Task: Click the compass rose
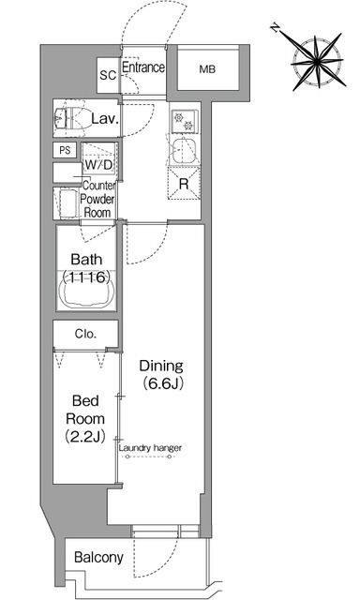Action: pyautogui.click(x=318, y=61)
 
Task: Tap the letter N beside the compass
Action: pyautogui.click(x=275, y=28)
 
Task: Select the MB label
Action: pyautogui.click(x=207, y=69)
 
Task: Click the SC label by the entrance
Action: pyautogui.click(x=108, y=75)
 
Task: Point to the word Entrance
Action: pyautogui.click(x=143, y=67)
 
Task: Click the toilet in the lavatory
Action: pyautogui.click(x=70, y=118)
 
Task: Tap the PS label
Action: pyautogui.click(x=65, y=150)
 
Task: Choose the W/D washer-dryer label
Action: pyautogui.click(x=98, y=165)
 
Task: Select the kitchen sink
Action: pyautogui.click(x=185, y=150)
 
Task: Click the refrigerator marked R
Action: pyautogui.click(x=184, y=184)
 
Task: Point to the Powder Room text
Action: pyautogui.click(x=97, y=206)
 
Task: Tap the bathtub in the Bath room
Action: pyautogui.click(x=86, y=291)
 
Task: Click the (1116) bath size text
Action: pyautogui.click(x=86, y=277)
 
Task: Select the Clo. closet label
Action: pyautogui.click(x=85, y=334)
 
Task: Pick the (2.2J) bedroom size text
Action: pyautogui.click(x=85, y=436)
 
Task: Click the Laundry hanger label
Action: pyautogui.click(x=150, y=448)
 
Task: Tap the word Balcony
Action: pyautogui.click(x=98, y=558)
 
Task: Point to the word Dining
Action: pyautogui.click(x=161, y=367)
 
